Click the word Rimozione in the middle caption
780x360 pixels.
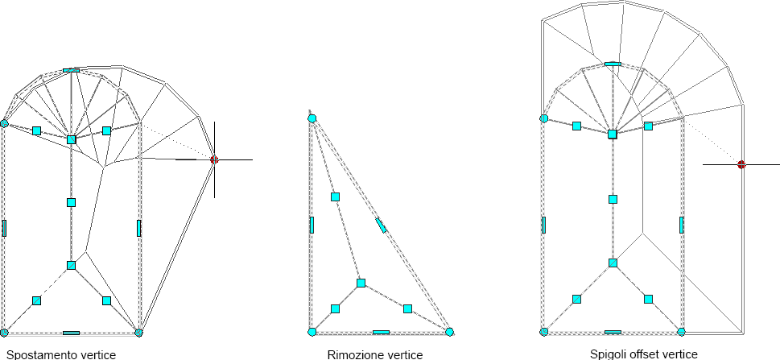click(350, 354)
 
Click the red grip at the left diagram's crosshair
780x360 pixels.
click(214, 160)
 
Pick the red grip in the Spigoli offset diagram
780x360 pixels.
click(741, 164)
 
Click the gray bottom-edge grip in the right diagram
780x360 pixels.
click(613, 332)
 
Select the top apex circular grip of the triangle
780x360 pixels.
click(312, 118)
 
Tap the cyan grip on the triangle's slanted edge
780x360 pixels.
click(381, 225)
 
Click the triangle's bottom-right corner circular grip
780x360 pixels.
click(449, 332)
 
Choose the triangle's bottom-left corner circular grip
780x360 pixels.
click(312, 332)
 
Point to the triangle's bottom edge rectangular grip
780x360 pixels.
click(381, 332)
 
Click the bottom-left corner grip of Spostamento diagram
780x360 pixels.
click(4, 332)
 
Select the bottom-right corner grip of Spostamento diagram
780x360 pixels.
click(138, 332)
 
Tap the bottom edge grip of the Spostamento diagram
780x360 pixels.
click(71, 332)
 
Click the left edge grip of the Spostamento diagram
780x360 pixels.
click(4, 228)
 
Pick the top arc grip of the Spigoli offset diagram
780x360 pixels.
click(613, 63)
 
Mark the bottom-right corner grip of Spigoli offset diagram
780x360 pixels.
click(681, 332)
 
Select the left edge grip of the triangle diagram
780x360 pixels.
click(312, 225)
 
